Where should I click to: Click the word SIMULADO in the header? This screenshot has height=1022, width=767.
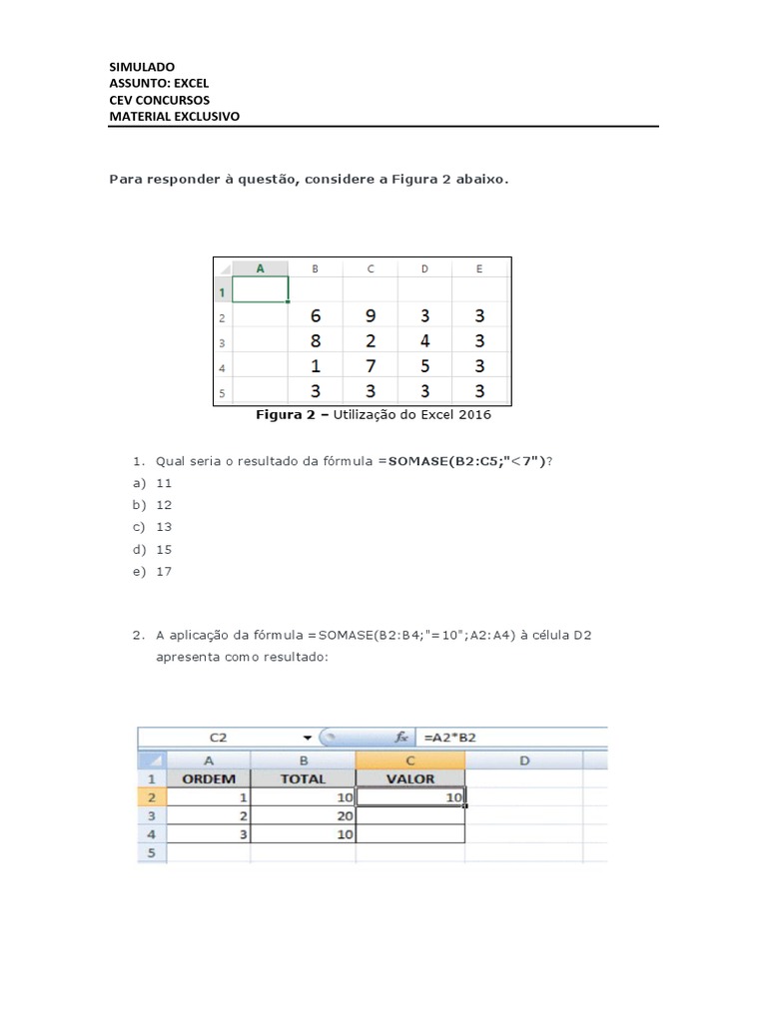(142, 67)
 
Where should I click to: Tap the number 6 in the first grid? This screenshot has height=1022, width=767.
(316, 316)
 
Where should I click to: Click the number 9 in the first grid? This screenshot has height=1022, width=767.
(371, 316)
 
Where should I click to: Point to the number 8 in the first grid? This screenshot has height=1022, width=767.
(316, 341)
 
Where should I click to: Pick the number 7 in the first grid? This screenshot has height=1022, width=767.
(371, 366)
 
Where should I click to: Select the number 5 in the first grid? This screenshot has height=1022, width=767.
(424, 366)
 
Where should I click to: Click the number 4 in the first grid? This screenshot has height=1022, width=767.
(424, 341)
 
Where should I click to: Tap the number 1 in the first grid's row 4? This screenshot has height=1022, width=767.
(316, 366)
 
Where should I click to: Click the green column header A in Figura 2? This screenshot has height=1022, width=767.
(261, 267)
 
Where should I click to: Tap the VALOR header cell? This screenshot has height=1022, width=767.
(409, 779)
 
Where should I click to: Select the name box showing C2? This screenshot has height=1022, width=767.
(219, 738)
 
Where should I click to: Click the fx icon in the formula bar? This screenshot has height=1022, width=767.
(401, 738)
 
